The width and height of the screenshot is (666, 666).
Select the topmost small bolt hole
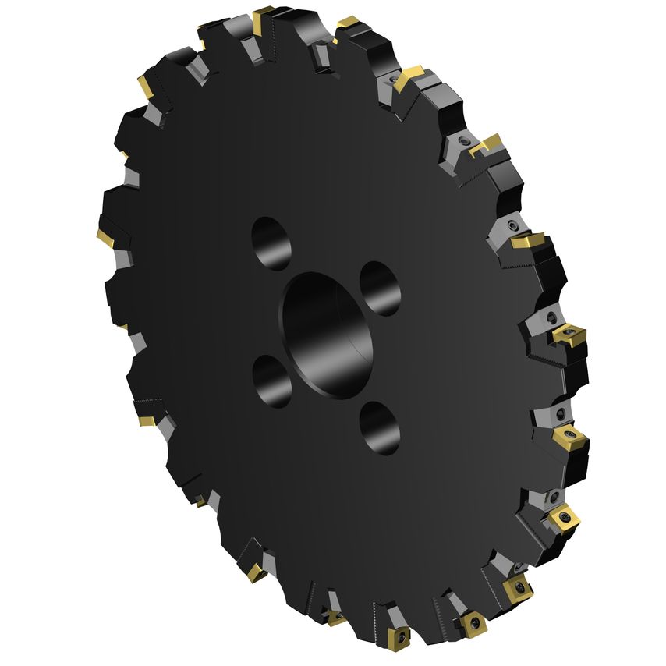(x=271, y=243)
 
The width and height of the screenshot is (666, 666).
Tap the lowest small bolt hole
(x=380, y=427)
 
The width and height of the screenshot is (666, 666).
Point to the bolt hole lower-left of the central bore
(x=271, y=381)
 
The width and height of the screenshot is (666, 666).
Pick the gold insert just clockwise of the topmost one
(x=346, y=22)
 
